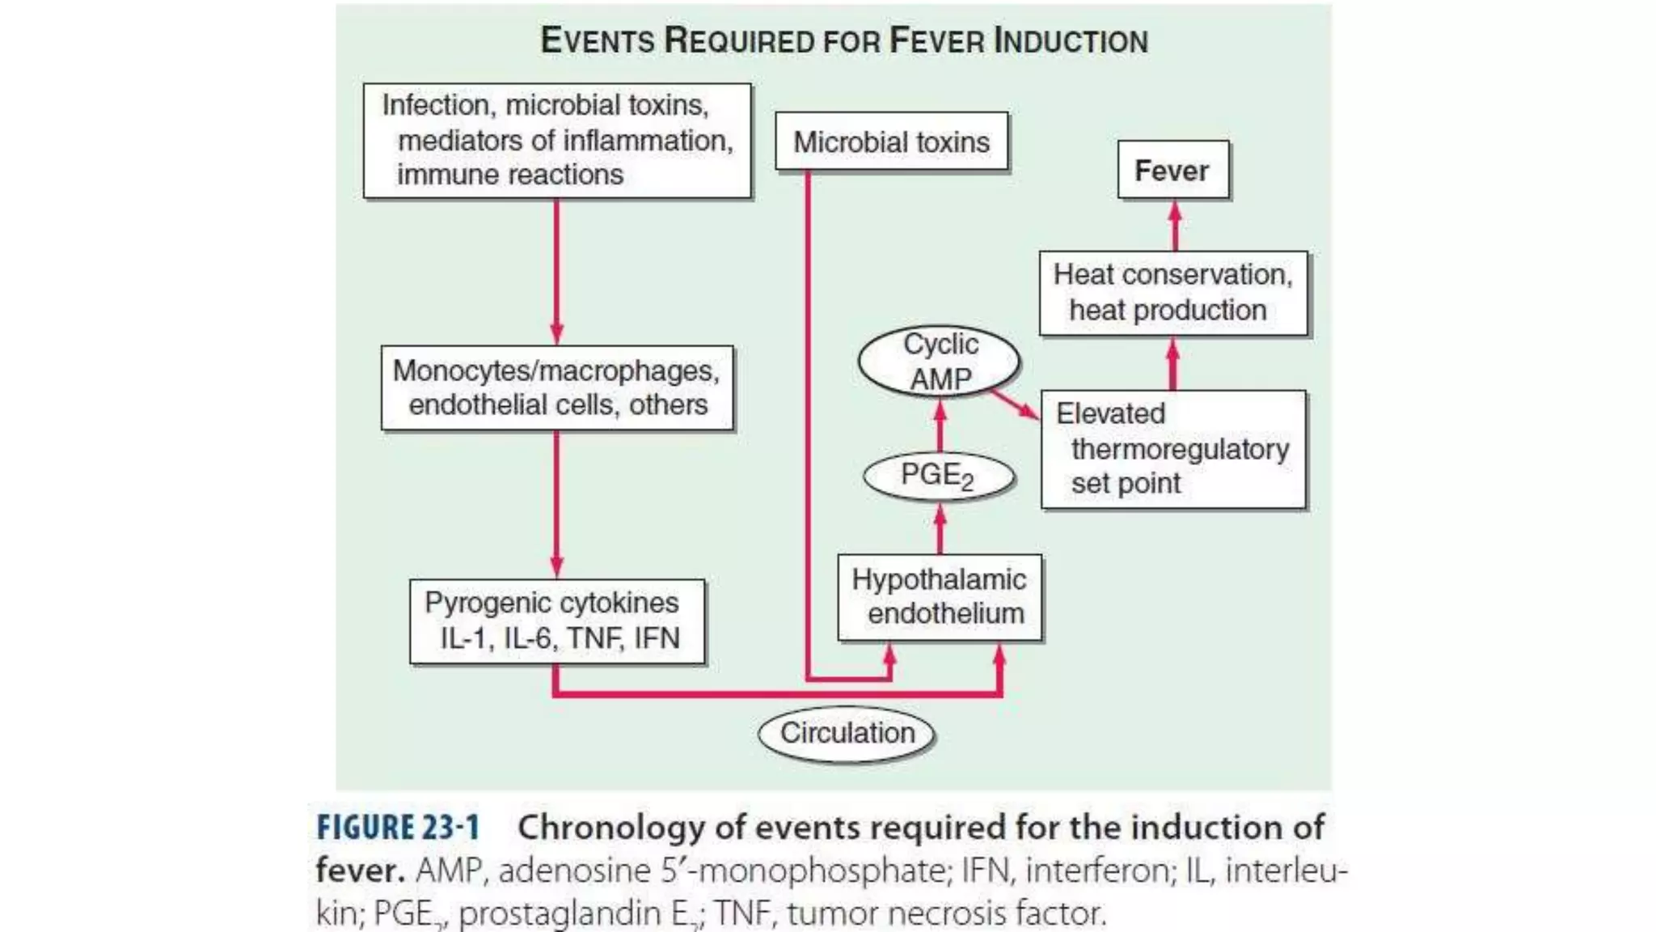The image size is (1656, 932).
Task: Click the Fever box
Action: tap(1172, 170)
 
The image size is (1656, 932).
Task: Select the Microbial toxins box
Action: tap(891, 142)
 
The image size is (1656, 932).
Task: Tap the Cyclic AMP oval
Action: tap(939, 362)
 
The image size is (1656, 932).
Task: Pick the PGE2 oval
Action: tap(938, 476)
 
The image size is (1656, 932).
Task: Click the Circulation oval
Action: tap(847, 733)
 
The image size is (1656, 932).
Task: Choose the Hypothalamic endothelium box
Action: tap(940, 597)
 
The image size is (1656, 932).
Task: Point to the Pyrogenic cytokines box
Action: tap(556, 621)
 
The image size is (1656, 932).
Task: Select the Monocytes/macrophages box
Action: tap(557, 388)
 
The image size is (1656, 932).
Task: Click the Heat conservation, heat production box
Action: tap(1172, 293)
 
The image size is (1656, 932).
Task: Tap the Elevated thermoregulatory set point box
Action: tap(1172, 449)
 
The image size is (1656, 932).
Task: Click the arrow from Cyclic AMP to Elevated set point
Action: tap(1015, 404)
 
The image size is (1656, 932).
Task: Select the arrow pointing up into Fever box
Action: tap(1175, 226)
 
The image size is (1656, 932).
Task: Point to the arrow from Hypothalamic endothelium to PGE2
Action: tap(940, 528)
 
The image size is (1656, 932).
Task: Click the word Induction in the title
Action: tap(1071, 41)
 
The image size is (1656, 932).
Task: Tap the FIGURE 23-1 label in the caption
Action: tap(398, 828)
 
